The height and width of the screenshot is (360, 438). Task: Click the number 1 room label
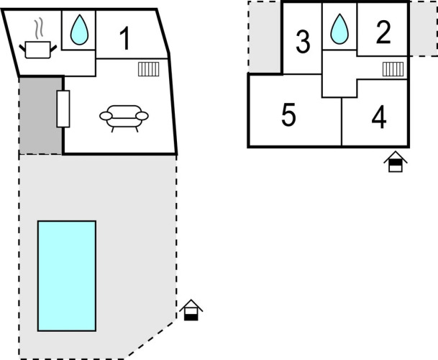(x=125, y=39)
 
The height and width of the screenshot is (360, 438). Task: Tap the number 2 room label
(x=383, y=32)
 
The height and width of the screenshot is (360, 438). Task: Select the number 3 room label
(x=303, y=42)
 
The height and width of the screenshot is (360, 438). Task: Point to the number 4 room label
(x=379, y=117)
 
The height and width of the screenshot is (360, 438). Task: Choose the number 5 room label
(x=288, y=115)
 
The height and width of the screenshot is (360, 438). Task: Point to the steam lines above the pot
(x=41, y=28)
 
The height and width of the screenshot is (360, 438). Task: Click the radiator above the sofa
(x=149, y=69)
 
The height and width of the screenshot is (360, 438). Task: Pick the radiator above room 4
(x=393, y=69)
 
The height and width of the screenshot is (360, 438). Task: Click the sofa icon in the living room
(x=124, y=117)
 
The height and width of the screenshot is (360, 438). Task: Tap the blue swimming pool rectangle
(x=67, y=275)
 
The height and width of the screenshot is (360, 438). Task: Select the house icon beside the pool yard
(x=191, y=310)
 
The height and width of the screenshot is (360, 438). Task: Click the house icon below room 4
(x=395, y=162)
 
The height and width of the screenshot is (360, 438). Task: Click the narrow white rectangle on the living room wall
(x=63, y=109)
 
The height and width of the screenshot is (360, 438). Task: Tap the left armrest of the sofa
(x=105, y=116)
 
